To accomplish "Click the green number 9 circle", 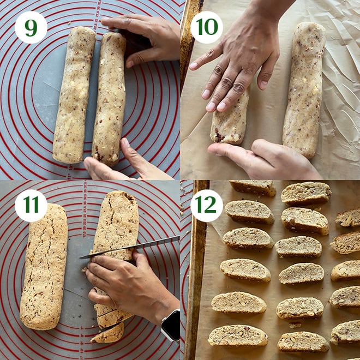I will coord(31,27).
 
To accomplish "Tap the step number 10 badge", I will coord(207,27).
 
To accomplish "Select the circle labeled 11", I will coord(31,206).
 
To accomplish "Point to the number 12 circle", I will coord(207,206).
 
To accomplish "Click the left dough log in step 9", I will coord(74,95).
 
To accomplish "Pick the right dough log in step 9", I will coord(109,98).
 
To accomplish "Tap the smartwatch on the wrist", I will coord(171,325).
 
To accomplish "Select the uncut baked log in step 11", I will coord(44,267).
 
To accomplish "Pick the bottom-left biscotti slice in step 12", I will coord(238,335).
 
